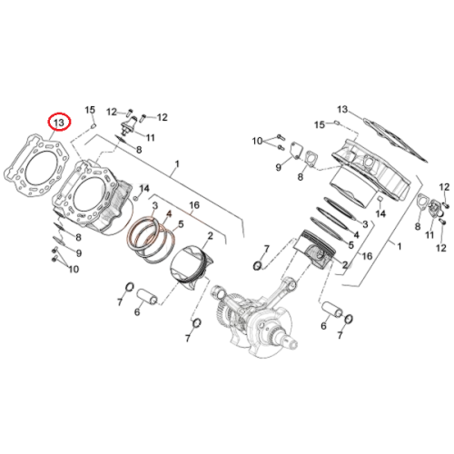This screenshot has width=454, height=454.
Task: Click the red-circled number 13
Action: coord(59,123)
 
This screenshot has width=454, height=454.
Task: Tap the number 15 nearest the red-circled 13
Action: coord(90,110)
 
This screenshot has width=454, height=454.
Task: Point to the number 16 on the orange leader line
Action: coord(194,205)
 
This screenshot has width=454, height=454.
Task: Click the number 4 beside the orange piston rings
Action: coord(169,214)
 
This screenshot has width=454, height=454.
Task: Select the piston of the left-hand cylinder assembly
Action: coord(191,267)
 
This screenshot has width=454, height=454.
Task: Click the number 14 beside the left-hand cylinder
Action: coord(144,189)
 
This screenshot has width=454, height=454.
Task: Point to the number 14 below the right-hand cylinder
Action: coord(380,213)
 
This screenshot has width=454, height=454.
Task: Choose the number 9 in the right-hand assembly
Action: coord(279,167)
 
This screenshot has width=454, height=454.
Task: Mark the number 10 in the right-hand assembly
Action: coord(257,141)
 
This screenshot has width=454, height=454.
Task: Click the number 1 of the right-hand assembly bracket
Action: coord(400,246)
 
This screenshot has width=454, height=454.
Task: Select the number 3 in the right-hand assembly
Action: coord(365,224)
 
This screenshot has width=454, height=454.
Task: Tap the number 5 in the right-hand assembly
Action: coord(351,245)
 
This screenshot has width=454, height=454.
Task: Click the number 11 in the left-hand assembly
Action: coord(151,138)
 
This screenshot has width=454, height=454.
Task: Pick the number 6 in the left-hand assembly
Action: coord(137,311)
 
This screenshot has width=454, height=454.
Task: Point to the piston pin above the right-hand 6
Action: coord(332,310)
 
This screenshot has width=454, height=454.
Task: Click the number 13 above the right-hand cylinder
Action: coord(342,109)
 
